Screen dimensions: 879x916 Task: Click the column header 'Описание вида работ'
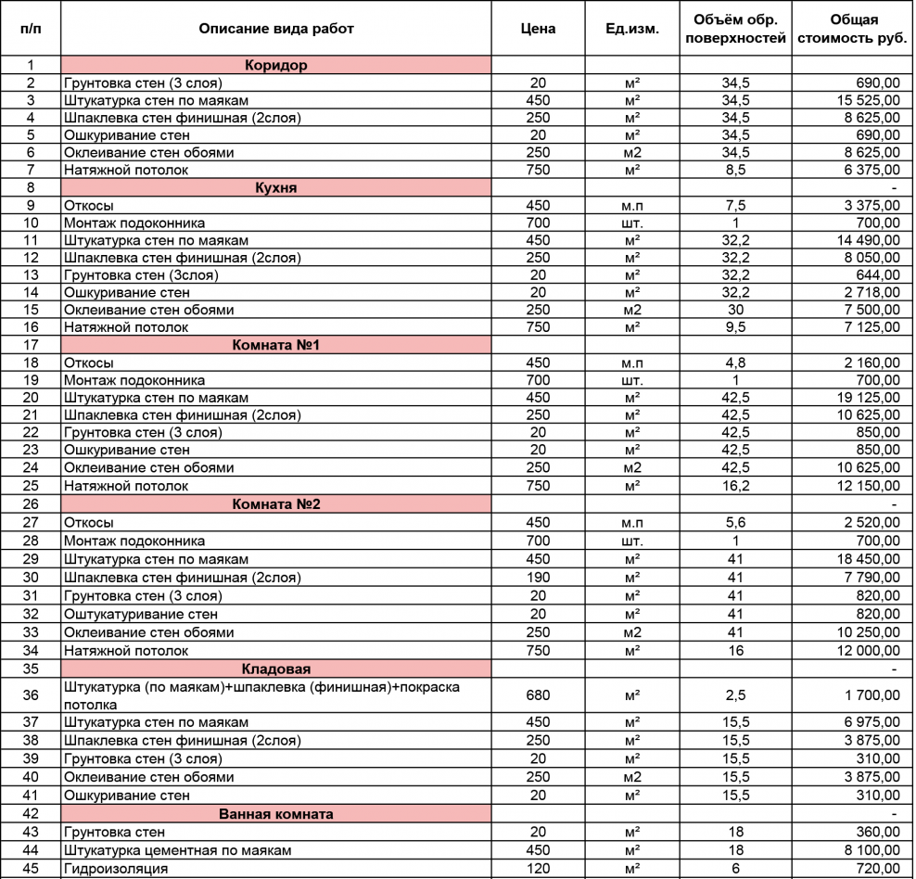pos(276,29)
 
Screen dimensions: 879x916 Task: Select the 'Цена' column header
pos(539,29)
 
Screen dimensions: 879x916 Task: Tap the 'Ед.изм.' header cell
pos(632,29)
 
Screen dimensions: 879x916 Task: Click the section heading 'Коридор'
pos(276,66)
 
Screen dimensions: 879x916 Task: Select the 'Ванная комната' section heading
pos(276,814)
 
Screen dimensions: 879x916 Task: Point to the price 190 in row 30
pos(539,578)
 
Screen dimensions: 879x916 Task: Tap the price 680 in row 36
pos(539,695)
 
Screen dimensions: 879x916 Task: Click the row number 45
pos(31,869)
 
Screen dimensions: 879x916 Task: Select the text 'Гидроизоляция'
pos(116,869)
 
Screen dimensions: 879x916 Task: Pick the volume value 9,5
pos(735,327)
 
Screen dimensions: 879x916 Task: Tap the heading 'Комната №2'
pos(276,504)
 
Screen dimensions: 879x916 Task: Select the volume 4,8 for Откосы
pos(735,363)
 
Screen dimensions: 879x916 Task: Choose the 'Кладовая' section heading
pos(276,669)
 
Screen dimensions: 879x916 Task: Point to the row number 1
pos(31,66)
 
